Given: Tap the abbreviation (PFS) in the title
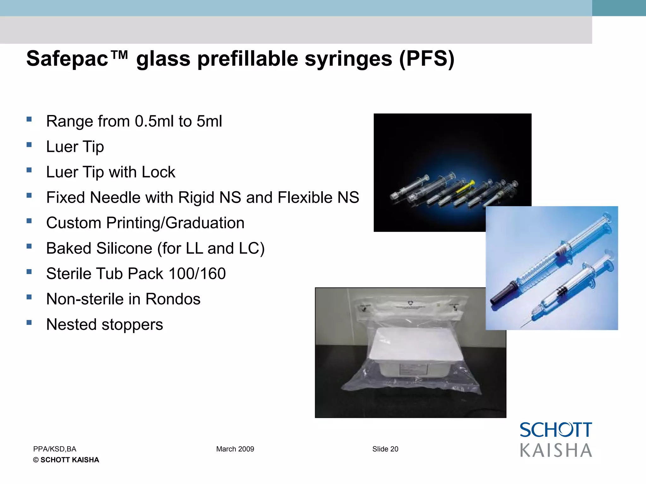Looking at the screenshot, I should click(426, 59).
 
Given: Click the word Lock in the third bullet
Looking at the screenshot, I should click(158, 172).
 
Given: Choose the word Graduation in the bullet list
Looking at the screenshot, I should click(205, 223).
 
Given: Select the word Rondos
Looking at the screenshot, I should click(173, 299).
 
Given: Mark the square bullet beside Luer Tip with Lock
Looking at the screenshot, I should click(29, 170).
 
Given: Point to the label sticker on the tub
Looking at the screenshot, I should click(413, 369).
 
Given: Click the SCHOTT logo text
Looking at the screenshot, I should click(556, 430).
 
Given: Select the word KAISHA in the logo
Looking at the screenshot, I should click(556, 450).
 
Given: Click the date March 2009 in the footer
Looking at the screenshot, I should click(235, 449).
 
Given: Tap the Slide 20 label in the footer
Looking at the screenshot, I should click(385, 449).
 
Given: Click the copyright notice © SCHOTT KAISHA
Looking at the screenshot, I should click(66, 460).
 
